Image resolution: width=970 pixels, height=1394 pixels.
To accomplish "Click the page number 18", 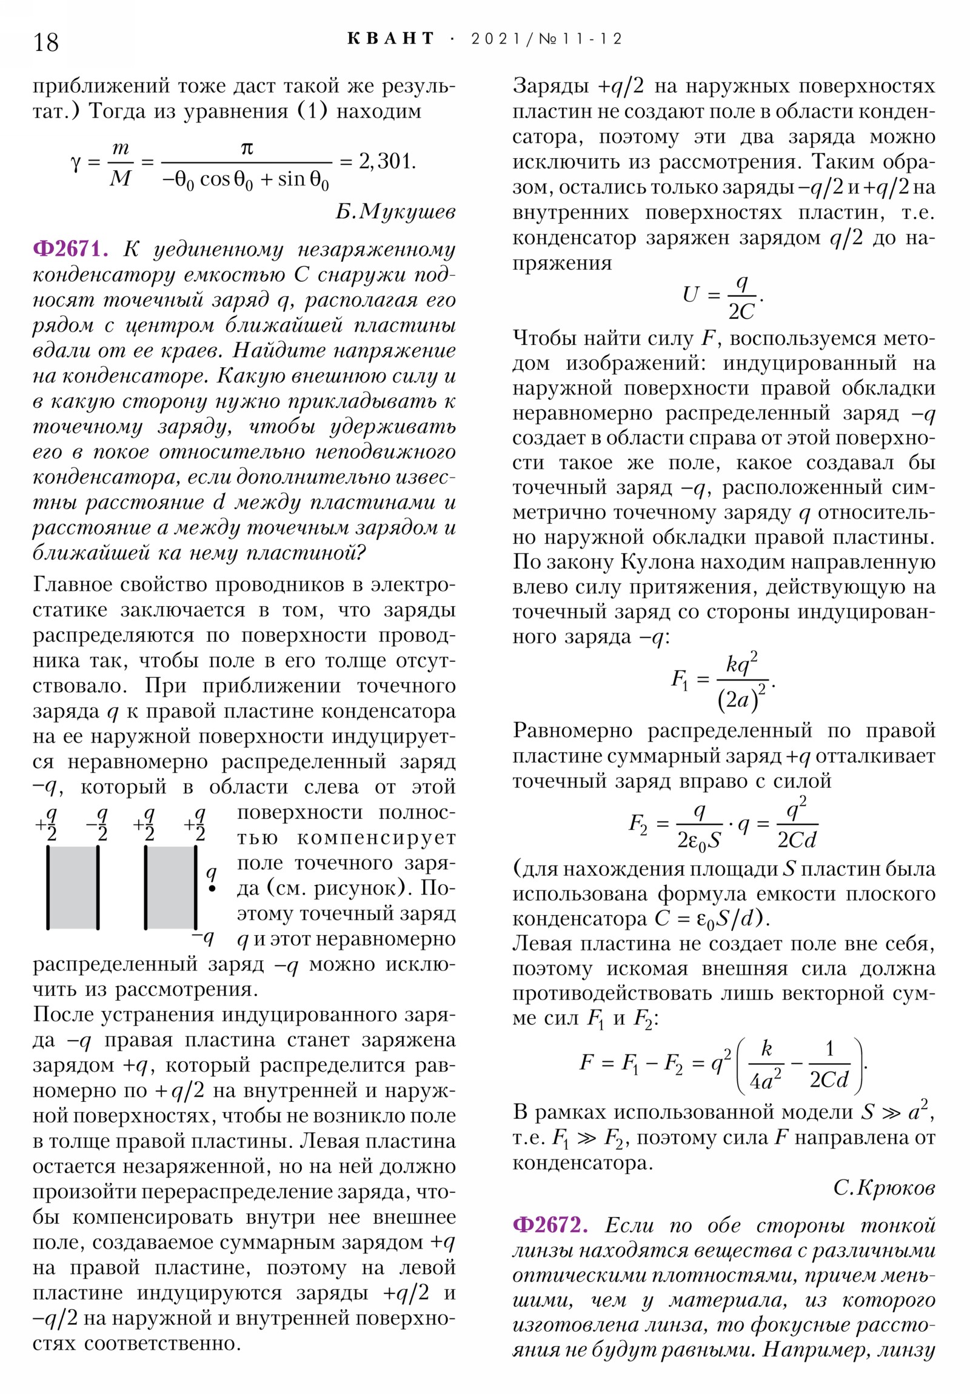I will pos(46,42).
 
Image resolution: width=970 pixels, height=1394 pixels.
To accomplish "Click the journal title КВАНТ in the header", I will pos(390,39).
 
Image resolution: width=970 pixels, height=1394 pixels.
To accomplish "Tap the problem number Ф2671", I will pos(70,249).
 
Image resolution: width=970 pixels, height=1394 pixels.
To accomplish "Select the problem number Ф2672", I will pos(550,1225).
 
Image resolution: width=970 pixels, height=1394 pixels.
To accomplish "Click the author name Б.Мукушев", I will pos(395,212).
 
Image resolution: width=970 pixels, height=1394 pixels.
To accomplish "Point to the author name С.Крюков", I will pos(884,1187).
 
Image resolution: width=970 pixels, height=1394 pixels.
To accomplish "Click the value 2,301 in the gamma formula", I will pos(387,161).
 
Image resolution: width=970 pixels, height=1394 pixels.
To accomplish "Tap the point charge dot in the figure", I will pos(212,889).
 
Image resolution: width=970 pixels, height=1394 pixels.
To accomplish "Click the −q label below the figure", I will pos(204,938).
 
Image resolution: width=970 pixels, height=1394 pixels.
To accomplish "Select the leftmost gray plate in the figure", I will pos(73,887).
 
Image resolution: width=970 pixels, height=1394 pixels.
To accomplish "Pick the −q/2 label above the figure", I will pos(98,823).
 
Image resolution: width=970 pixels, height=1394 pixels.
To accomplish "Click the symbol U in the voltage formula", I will pos(691,295).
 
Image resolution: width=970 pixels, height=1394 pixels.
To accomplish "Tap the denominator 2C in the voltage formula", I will pos(741,312).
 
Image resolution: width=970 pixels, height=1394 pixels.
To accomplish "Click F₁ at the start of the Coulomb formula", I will pos(679,679).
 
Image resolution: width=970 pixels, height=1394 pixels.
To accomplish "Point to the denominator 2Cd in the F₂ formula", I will pos(797,840).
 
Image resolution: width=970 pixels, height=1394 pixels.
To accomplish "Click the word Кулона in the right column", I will pos(657,562).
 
